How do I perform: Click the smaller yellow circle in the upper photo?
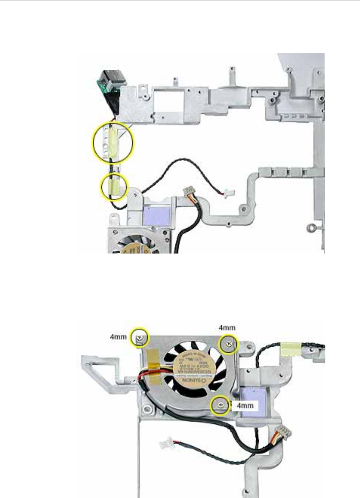coord(115,186)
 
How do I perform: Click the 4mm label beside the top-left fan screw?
coord(118,337)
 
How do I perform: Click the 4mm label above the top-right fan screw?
coord(227,327)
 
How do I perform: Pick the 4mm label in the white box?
coord(245,406)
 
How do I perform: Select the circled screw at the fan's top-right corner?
coord(229,344)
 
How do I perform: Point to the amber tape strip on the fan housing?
coord(154,358)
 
